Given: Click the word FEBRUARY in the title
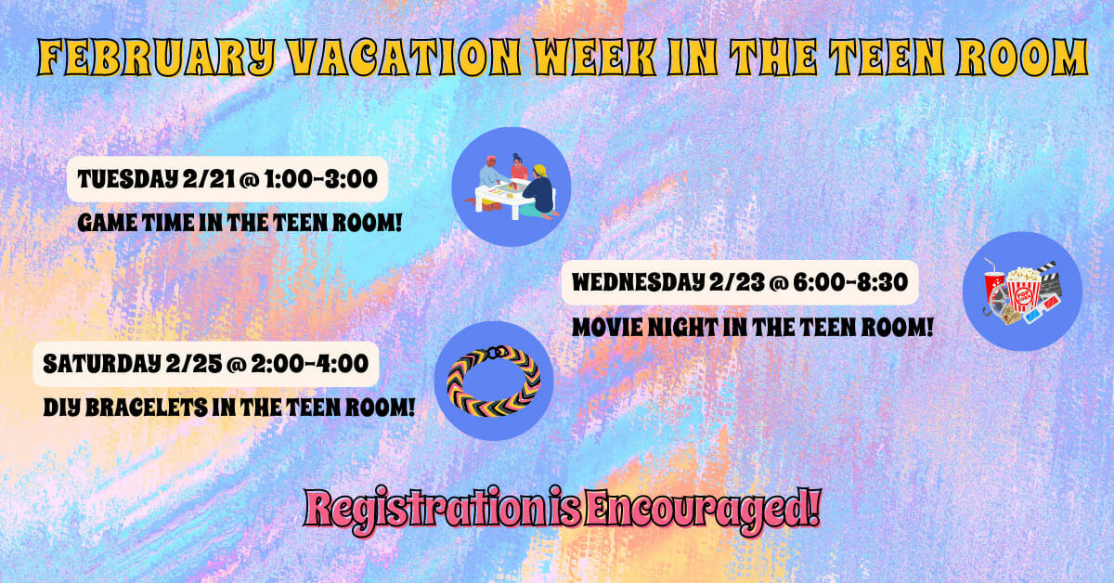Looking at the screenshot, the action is pyautogui.click(x=157, y=58).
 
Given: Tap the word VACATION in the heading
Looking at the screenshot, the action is pyautogui.click(x=405, y=58).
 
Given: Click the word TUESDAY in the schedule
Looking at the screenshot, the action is pyautogui.click(x=127, y=179).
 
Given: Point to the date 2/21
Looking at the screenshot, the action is pyautogui.click(x=208, y=179).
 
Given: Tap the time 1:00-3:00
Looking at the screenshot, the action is pyautogui.click(x=321, y=179).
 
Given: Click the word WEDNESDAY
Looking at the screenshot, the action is pyautogui.click(x=638, y=282).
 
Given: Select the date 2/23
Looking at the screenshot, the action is pyautogui.click(x=736, y=282).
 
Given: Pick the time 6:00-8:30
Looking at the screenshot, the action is pyautogui.click(x=851, y=282).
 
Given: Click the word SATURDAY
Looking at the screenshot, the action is pyautogui.click(x=102, y=364).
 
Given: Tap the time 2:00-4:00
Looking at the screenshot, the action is pyautogui.click(x=310, y=364).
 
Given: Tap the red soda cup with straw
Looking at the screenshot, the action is pyautogui.click(x=994, y=286).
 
